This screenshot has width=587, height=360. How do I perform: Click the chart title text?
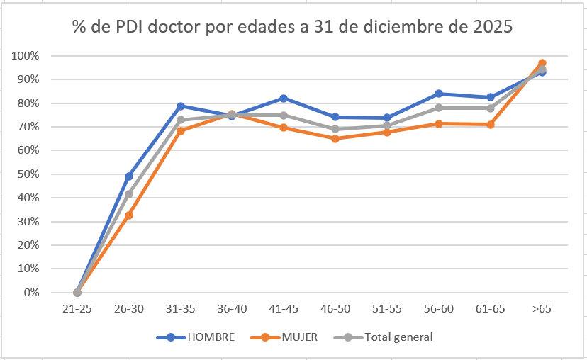tap(292, 27)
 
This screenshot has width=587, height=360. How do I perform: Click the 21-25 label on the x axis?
tap(77, 310)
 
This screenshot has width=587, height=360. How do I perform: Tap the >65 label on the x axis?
tap(542, 310)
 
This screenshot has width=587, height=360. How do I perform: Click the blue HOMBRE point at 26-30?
tap(129, 176)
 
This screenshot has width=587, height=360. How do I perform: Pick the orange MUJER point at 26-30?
tap(129, 215)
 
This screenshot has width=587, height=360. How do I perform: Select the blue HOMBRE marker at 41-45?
tap(284, 99)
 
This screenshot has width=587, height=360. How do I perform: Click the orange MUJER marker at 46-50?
tap(335, 139)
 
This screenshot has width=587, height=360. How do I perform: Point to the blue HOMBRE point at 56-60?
tap(439, 94)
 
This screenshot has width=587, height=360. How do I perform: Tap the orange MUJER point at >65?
tap(542, 63)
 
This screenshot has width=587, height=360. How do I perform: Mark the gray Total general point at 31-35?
tap(181, 120)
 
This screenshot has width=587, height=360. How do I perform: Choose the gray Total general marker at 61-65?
tap(491, 108)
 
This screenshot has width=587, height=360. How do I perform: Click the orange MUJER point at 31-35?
tap(181, 131)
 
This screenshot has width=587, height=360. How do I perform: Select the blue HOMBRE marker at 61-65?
tap(491, 97)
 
